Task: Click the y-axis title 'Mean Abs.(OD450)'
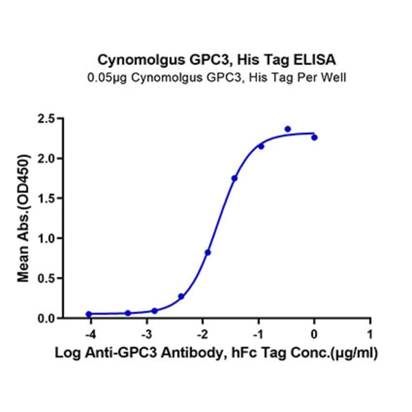(x=24, y=218)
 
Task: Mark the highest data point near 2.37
(x=288, y=129)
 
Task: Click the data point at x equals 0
(x=314, y=138)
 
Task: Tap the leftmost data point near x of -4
(x=89, y=314)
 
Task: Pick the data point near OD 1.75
(x=235, y=178)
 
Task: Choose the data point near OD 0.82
(x=208, y=252)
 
